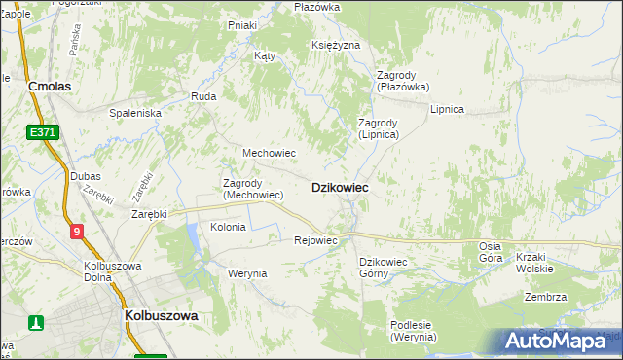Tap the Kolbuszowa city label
coord(162,316)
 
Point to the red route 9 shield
coord(77,231)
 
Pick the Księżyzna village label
coord(336,46)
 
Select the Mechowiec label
coord(269,153)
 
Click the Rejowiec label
coord(314,240)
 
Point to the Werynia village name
coord(247,273)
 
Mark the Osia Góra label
coord(491,252)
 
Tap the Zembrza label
coord(545,298)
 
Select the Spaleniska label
coord(134,113)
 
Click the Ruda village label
coord(203,96)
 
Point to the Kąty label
coord(264,55)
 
